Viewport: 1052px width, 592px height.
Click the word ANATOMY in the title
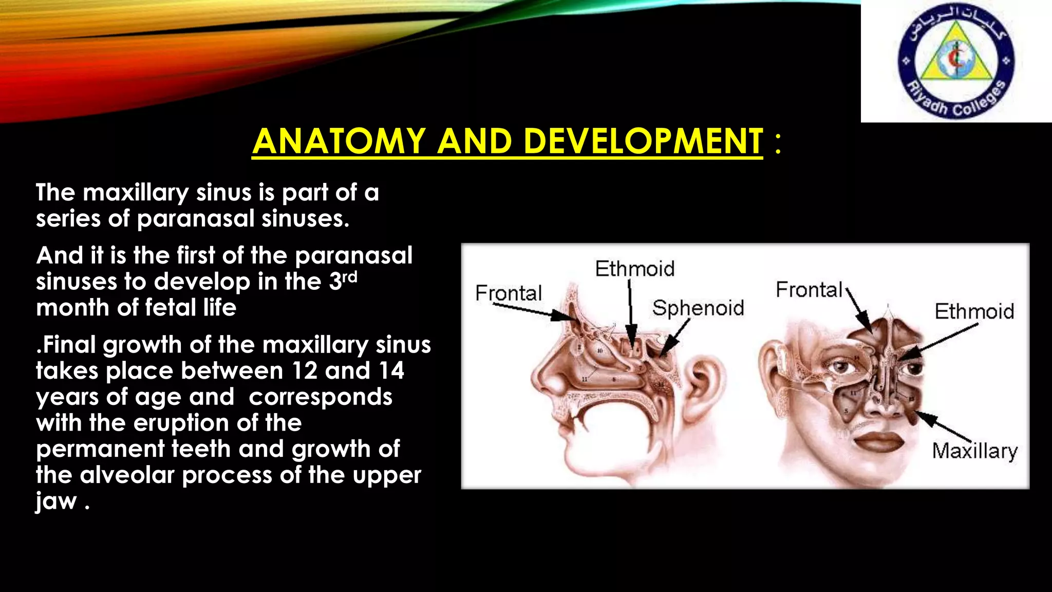pyautogui.click(x=339, y=141)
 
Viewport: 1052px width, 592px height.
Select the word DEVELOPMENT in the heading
pyautogui.click(x=643, y=141)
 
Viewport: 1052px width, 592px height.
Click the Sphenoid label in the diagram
pyautogui.click(x=698, y=308)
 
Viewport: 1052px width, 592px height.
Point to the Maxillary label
pyautogui.click(x=974, y=451)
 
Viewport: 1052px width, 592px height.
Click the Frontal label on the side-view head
pyautogui.click(x=509, y=293)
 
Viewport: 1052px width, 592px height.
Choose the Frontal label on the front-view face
pyautogui.click(x=809, y=290)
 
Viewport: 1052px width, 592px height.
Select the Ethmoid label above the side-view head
pyautogui.click(x=635, y=269)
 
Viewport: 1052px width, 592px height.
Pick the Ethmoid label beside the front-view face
pyautogui.click(x=974, y=311)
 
